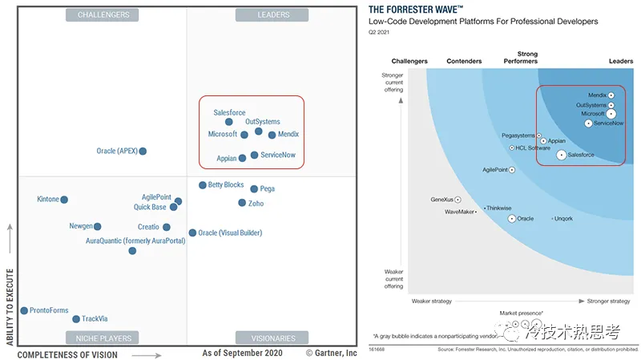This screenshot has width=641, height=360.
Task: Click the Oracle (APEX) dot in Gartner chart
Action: coord(143,151)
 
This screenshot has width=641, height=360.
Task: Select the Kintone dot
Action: coord(64,200)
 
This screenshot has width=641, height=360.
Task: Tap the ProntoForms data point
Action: coord(24,310)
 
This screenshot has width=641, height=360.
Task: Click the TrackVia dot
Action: coord(76,318)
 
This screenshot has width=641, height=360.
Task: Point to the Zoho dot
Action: coord(242,203)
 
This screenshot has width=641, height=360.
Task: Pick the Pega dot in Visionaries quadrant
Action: coord(254,189)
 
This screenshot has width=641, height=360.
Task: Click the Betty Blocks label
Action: coord(226,185)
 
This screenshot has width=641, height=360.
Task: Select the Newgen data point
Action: coord(98,227)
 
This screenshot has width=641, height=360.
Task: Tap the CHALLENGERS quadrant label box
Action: coord(103,15)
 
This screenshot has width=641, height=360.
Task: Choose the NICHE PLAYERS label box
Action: coord(103,338)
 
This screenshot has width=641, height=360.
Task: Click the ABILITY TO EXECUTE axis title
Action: coord(10,307)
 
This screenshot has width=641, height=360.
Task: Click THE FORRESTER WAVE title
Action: coord(416,9)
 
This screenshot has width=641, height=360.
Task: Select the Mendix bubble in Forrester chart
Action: coord(611,95)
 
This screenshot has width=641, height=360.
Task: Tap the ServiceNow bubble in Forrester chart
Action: coord(589,123)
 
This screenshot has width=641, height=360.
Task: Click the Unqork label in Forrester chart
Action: coord(564,218)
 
